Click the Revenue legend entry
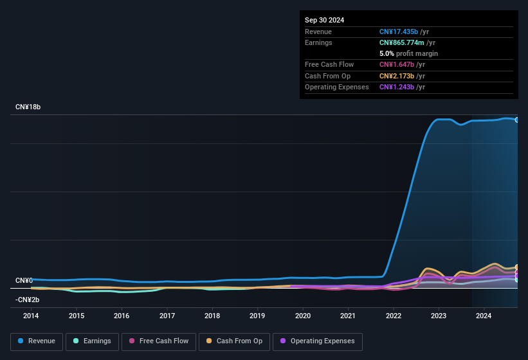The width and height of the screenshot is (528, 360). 37,341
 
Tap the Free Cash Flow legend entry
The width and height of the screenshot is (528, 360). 158,341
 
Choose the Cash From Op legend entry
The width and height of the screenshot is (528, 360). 233,341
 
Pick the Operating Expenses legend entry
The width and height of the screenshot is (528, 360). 318,341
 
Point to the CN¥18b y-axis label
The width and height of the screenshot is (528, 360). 28,107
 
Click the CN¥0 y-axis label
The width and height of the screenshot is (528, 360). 24,280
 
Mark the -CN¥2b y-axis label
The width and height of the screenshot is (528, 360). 28,300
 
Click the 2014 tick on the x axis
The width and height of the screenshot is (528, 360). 31,316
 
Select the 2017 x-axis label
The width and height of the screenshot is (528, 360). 167,316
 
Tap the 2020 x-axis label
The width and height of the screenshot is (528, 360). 303,316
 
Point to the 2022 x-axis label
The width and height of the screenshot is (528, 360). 394,316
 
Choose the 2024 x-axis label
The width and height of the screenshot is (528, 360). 484,316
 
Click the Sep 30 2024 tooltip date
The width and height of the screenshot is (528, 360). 324,20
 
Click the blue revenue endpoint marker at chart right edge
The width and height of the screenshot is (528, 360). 517,120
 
